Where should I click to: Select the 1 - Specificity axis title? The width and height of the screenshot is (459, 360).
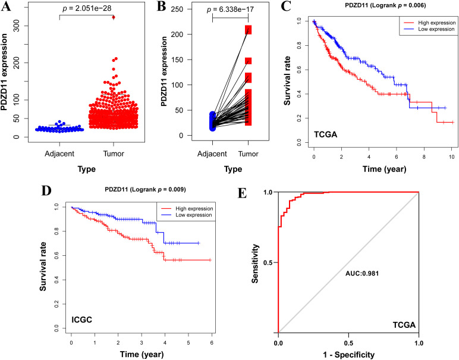click(x=348, y=355)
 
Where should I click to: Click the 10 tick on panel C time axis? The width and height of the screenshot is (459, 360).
click(x=452, y=156)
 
